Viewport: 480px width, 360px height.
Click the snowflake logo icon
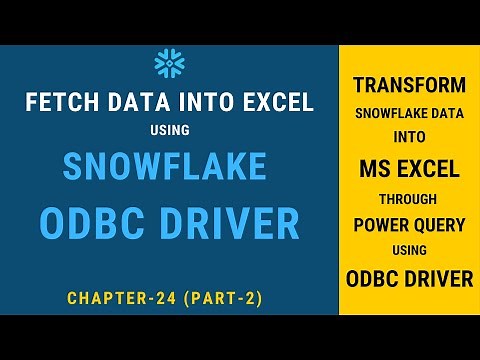point(169,64)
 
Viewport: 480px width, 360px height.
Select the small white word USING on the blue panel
point(169,130)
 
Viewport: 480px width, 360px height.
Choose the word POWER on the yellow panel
point(381,225)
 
